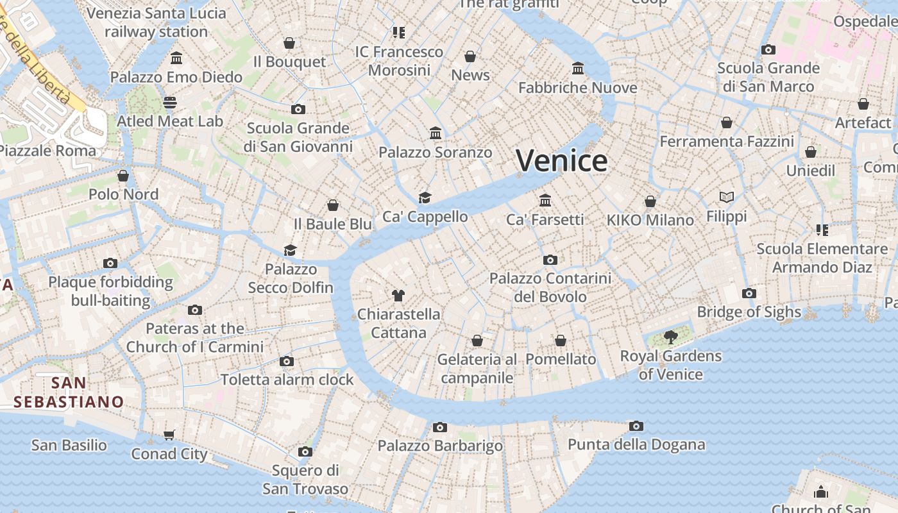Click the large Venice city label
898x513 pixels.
(561, 160)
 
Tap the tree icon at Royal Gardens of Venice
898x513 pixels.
(671, 337)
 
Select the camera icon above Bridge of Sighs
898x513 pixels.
(749, 294)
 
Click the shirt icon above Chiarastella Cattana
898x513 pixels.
(398, 296)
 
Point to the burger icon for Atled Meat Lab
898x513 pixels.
(170, 103)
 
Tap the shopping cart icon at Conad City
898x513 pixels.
(169, 435)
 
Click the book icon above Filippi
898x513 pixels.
(726, 198)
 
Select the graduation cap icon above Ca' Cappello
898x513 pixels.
(425, 198)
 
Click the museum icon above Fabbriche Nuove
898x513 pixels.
(578, 69)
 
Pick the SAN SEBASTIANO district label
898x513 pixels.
(69, 392)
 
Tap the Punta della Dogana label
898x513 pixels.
(636, 444)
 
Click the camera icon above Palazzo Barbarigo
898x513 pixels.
(439, 427)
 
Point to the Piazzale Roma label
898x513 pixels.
(47, 151)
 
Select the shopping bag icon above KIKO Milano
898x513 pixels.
(650, 201)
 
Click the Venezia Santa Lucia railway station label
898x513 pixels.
(157, 22)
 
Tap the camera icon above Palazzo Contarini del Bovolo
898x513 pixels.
(550, 260)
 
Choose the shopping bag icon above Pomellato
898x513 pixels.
(561, 341)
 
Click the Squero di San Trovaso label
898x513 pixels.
(305, 479)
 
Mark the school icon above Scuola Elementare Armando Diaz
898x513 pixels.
(822, 230)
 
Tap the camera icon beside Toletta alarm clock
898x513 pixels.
(287, 362)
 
